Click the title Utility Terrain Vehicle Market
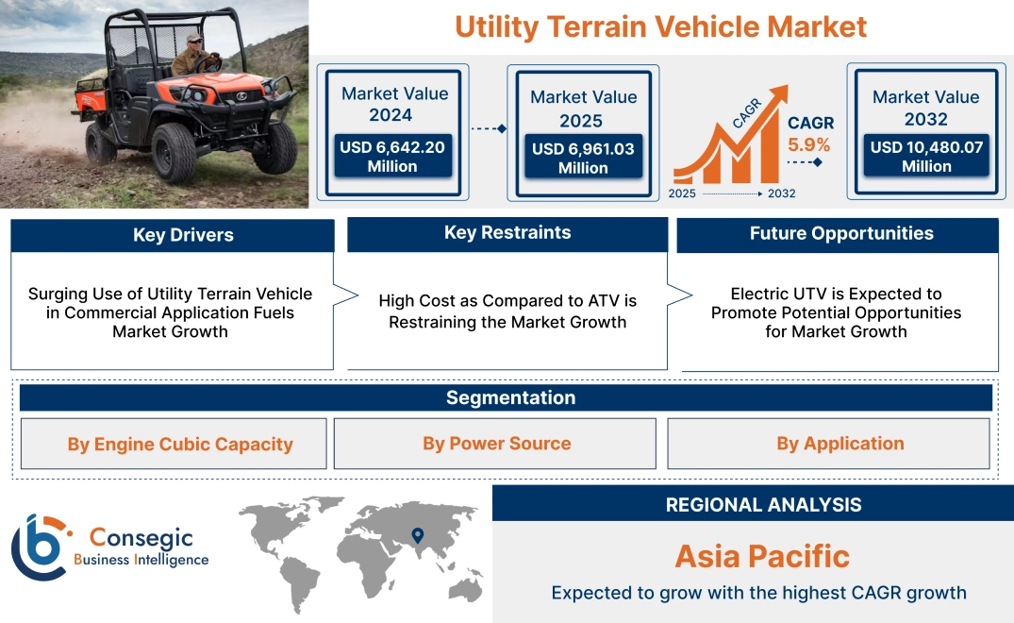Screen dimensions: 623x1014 (x=660, y=25)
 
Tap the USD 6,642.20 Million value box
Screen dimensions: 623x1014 (x=391, y=157)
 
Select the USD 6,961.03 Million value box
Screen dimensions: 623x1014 (x=583, y=158)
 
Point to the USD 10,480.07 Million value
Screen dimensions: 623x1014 (x=925, y=157)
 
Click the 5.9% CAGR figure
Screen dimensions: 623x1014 (x=809, y=144)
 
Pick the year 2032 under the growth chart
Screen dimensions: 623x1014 (x=781, y=194)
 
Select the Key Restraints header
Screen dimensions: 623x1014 (x=507, y=233)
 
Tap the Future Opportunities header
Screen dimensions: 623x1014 (x=841, y=233)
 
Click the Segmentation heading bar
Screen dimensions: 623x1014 (x=510, y=397)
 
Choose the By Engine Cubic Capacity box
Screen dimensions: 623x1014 (x=179, y=444)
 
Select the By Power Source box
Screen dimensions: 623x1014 (x=496, y=444)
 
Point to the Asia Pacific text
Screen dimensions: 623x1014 (x=762, y=556)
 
